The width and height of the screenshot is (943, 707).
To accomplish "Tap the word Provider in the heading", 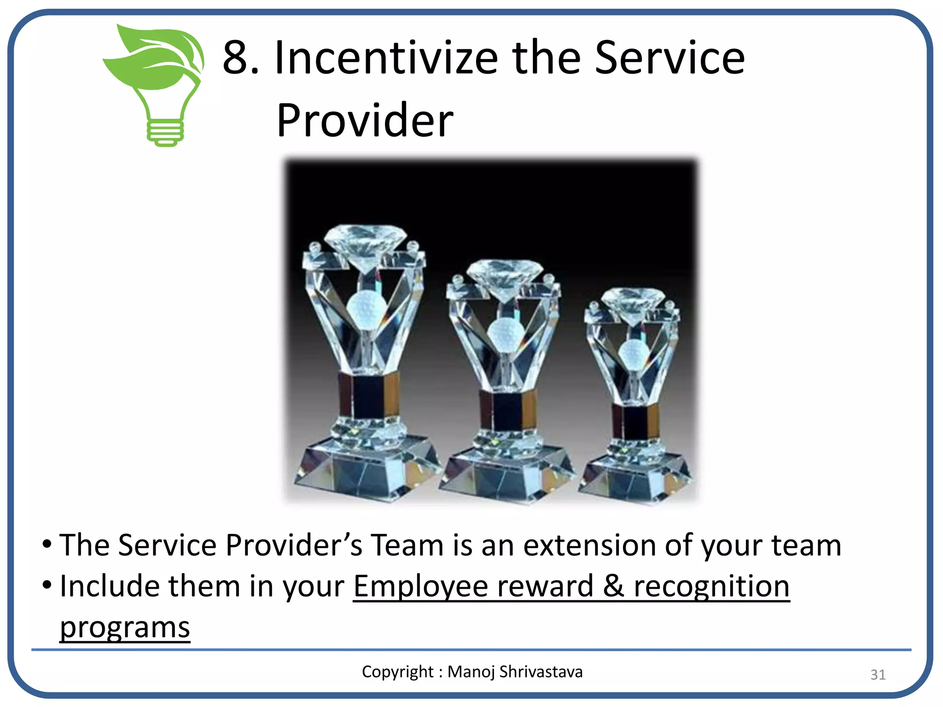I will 365,121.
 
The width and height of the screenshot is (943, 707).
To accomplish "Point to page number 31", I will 878,675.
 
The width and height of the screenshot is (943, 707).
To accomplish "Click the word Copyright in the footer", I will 397,672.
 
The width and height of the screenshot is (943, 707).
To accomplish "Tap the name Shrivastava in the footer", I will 541,672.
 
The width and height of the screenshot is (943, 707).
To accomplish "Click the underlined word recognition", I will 711,586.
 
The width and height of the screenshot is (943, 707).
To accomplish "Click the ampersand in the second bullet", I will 613,586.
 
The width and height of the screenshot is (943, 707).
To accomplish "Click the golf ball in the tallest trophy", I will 365,308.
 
